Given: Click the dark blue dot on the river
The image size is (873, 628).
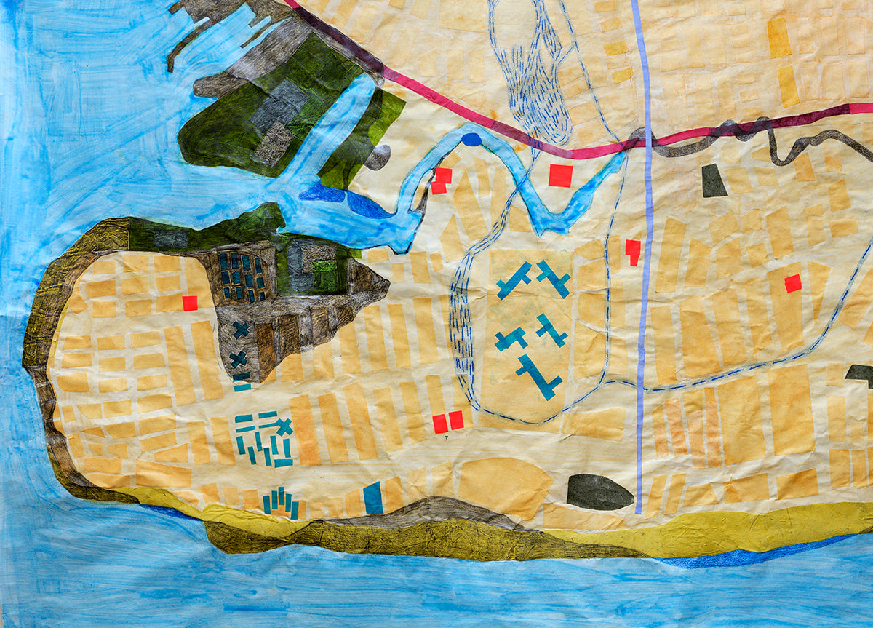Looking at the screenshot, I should point(471,139).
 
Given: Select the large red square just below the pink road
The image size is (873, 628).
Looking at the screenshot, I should point(560,175).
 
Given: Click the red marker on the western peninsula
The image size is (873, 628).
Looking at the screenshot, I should point(190,303).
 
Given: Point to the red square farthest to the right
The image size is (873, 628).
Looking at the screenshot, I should point(793,283).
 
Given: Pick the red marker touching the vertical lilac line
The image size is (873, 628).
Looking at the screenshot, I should point(633,251).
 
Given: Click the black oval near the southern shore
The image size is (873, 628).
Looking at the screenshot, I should point(599,492).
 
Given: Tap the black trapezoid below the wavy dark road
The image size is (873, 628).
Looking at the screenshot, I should point(714,181).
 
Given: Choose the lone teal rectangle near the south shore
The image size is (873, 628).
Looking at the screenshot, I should point(373,498).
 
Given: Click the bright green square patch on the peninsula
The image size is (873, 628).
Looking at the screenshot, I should point(325,276).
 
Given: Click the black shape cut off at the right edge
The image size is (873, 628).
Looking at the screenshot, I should point(861,374).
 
